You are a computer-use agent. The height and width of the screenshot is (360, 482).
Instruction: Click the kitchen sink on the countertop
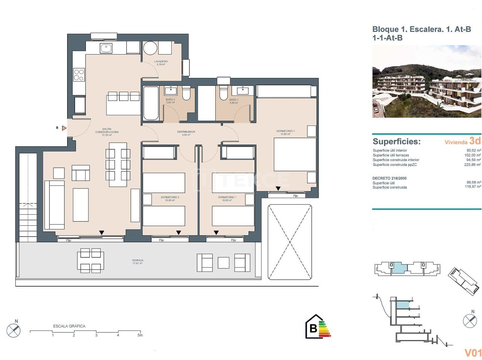pos(106,48)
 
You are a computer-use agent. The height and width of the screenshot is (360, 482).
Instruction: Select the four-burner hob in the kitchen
pos(79,74)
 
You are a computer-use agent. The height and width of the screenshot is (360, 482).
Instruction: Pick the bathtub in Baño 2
pos(151,103)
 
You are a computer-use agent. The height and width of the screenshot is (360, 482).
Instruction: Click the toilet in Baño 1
pos(224,92)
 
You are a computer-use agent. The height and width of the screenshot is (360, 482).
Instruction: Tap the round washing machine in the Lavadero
pos(150,49)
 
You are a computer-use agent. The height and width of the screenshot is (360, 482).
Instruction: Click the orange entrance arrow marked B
pos(64,128)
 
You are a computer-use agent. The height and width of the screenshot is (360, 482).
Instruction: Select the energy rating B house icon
pos(313,328)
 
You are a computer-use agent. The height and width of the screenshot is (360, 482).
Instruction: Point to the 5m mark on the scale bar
pos(140,335)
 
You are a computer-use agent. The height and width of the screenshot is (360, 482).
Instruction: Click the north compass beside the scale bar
pos(14,331)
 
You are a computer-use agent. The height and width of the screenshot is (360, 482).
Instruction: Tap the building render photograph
pos(426,82)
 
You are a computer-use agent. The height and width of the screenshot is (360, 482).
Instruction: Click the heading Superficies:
pos(397,142)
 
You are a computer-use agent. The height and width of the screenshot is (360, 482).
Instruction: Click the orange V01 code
pos(473,352)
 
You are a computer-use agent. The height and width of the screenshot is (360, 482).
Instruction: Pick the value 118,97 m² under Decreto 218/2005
pos(473,187)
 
